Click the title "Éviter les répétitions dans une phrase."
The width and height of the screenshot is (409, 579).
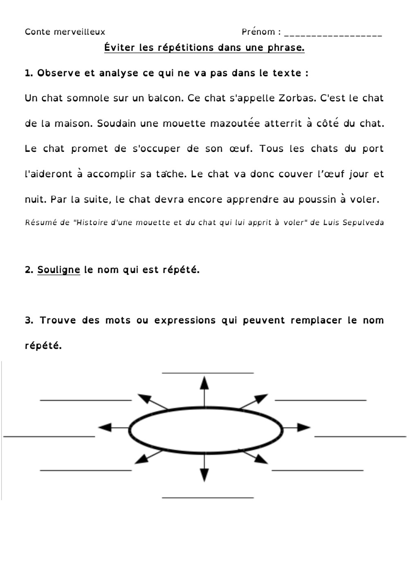point(204,48)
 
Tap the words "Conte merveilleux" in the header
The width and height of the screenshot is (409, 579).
point(65,32)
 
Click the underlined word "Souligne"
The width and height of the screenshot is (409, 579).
point(58,270)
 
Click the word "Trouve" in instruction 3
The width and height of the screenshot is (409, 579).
point(58,320)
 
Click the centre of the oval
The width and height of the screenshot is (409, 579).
point(206,430)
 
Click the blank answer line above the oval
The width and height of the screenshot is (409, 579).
point(208,372)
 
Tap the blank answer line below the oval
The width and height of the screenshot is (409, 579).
point(208,497)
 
